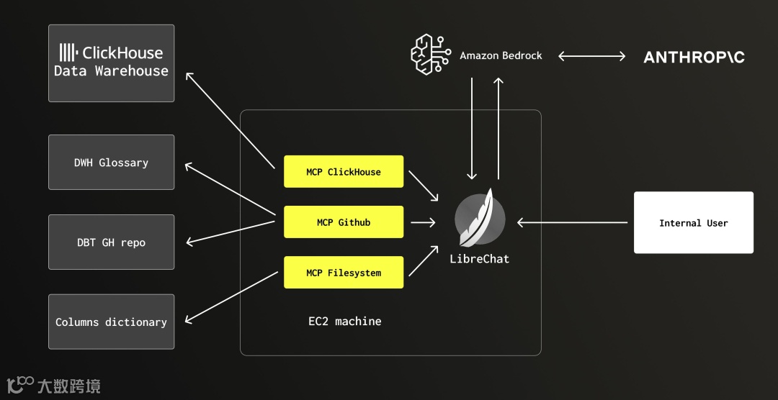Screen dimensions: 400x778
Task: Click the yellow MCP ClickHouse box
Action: coord(344,172)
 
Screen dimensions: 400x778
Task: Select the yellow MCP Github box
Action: coord(344,222)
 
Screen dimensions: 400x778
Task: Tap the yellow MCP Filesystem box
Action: coord(344,273)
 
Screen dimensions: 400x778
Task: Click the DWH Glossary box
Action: coord(111,163)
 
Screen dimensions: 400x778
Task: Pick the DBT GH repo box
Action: coord(111,242)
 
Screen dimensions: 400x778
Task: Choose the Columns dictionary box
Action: coord(111,322)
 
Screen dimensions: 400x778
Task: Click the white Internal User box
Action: coord(693,223)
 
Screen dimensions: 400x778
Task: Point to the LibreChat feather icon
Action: coord(480,219)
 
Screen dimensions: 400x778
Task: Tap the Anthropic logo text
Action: coord(694,57)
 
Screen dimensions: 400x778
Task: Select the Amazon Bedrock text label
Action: coord(501,55)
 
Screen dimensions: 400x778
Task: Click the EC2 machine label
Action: coord(344,321)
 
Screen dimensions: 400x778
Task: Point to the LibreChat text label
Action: coord(479,259)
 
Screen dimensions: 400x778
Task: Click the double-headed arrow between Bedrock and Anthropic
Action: coord(591,56)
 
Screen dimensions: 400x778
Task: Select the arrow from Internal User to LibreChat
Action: coord(573,223)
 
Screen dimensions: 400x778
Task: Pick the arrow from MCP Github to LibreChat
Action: coord(423,223)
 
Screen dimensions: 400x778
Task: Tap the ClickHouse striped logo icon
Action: coord(68,52)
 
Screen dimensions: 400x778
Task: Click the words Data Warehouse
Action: coord(111,71)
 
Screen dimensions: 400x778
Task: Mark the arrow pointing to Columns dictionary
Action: coord(231,297)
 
